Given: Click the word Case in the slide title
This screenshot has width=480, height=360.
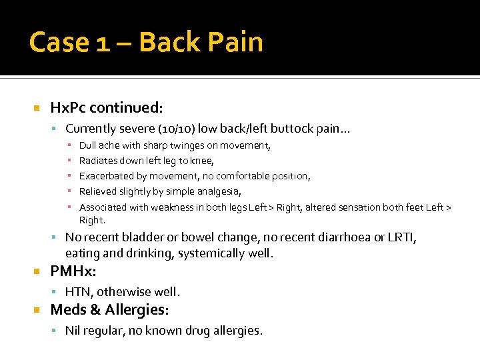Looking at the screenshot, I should click(59, 42).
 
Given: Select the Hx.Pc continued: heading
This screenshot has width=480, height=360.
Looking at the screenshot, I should click(107, 107).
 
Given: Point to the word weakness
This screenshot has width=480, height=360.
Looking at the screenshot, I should click(170, 207).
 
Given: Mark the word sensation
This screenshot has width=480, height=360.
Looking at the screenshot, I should click(365, 207).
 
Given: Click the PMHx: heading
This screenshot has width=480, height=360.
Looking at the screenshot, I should click(74, 272).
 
